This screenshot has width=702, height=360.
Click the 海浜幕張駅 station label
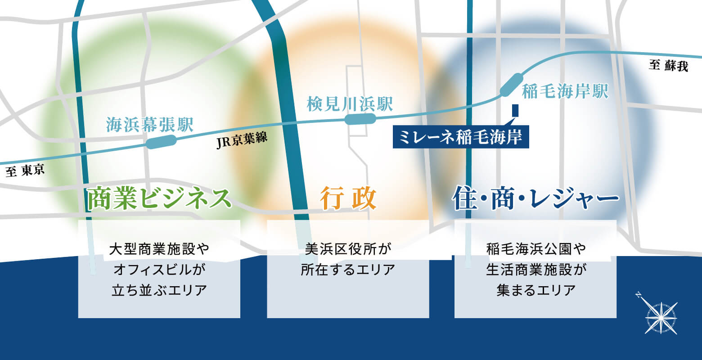(149, 124)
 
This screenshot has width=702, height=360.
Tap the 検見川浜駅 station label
(350, 103)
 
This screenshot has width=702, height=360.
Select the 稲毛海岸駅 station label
(565, 91)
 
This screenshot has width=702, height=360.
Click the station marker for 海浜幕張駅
(161, 141)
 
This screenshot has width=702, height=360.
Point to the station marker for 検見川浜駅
(360, 119)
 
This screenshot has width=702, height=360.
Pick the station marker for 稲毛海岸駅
(512, 85)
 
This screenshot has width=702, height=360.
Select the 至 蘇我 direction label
(668, 66)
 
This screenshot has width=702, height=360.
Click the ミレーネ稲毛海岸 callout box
(461, 137)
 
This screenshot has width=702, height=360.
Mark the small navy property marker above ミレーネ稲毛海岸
(515, 110)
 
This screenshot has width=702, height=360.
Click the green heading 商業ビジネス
(159, 198)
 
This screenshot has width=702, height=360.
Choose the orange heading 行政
(348, 198)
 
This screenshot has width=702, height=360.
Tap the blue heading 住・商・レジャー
(535, 198)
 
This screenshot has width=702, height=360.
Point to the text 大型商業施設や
(159, 249)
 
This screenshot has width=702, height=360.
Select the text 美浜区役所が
(348, 249)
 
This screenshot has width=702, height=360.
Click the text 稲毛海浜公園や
(535, 249)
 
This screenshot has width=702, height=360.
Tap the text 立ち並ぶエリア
(159, 290)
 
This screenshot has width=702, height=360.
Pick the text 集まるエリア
(535, 290)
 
